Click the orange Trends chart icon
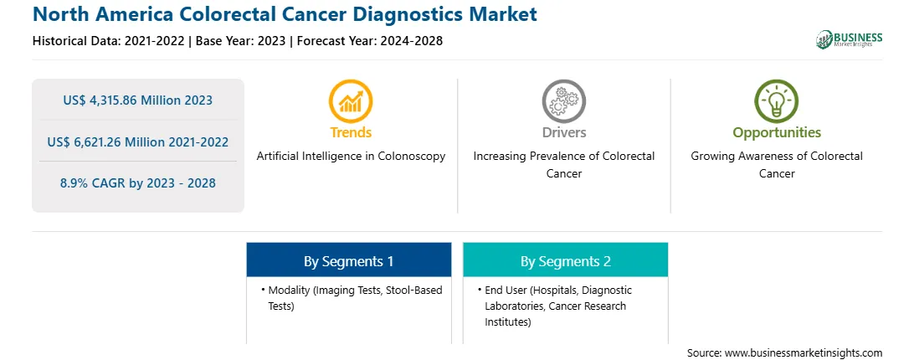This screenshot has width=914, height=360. pyautogui.click(x=351, y=101)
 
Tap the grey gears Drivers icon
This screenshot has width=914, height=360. pyautogui.click(x=563, y=101)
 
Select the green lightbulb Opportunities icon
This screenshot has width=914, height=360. pyautogui.click(x=777, y=101)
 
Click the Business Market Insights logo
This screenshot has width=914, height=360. pyautogui.click(x=850, y=39)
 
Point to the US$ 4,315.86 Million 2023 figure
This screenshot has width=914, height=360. pyautogui.click(x=137, y=100)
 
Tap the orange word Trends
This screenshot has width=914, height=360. pyautogui.click(x=351, y=132)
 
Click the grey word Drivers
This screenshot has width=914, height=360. pyautogui.click(x=563, y=132)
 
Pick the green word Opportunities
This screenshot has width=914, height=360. pyautogui.click(x=777, y=133)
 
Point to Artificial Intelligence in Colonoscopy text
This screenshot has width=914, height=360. pyautogui.click(x=351, y=156)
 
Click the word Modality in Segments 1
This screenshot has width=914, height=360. pyautogui.click(x=289, y=290)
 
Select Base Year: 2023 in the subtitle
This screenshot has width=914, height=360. pyautogui.click(x=241, y=41)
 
